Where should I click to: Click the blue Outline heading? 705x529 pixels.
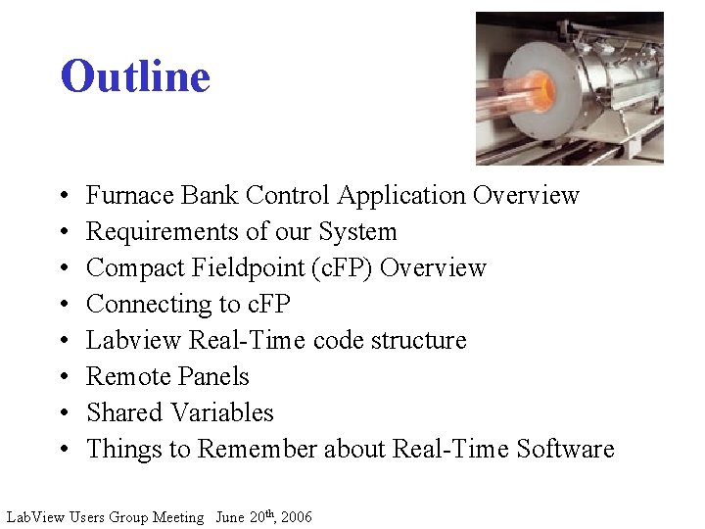pos(135,76)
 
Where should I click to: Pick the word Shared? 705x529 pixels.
pos(118,413)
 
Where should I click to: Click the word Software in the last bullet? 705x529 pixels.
pos(565,450)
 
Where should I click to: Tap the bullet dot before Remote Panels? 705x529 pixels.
pos(63,378)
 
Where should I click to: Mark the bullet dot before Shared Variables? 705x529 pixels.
pos(63,414)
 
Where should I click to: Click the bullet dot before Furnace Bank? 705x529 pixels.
pos(63,197)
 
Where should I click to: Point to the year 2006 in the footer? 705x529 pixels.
pos(296,517)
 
